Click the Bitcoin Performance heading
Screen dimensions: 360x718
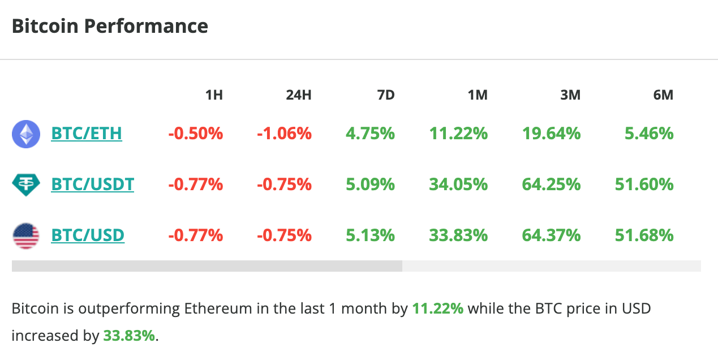pyautogui.click(x=110, y=27)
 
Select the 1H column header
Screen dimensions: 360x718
pyautogui.click(x=213, y=95)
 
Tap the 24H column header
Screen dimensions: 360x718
pyautogui.click(x=298, y=95)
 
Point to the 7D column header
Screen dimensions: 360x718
pyautogui.click(x=385, y=95)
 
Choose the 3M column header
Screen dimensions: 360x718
pyautogui.click(x=570, y=95)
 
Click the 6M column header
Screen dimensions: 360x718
pyautogui.click(x=663, y=95)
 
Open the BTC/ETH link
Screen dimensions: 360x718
pyautogui.click(x=87, y=134)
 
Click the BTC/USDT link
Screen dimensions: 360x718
pyautogui.click(x=92, y=185)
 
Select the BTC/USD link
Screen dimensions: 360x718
pyautogui.click(x=88, y=235)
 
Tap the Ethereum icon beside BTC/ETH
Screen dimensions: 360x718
pyautogui.click(x=26, y=134)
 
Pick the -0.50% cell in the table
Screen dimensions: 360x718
pyautogui.click(x=195, y=134)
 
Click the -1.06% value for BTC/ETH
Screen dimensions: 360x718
pyautogui.click(x=284, y=134)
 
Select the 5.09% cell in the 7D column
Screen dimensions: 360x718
pyautogui.click(x=370, y=185)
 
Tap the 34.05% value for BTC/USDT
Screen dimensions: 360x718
pyautogui.click(x=458, y=185)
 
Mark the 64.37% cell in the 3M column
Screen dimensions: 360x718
pyautogui.click(x=551, y=235)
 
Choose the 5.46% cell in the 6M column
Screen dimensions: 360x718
pyautogui.click(x=649, y=134)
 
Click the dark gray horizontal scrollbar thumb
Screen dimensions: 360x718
pyautogui.click(x=207, y=266)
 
